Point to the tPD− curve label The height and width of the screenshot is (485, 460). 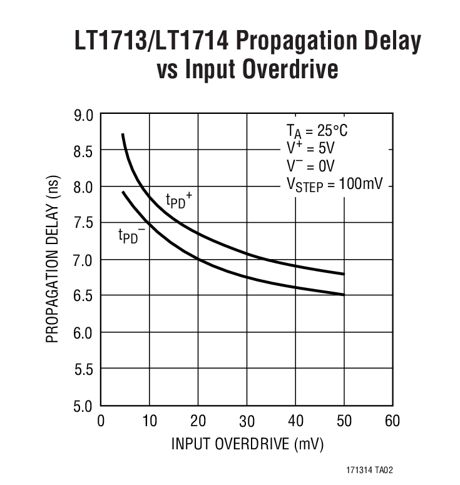click(x=131, y=236)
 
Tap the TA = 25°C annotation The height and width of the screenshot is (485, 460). click(x=317, y=131)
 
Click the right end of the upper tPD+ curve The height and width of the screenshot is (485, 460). click(x=344, y=274)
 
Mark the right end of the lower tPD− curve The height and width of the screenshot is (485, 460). click(x=344, y=295)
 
